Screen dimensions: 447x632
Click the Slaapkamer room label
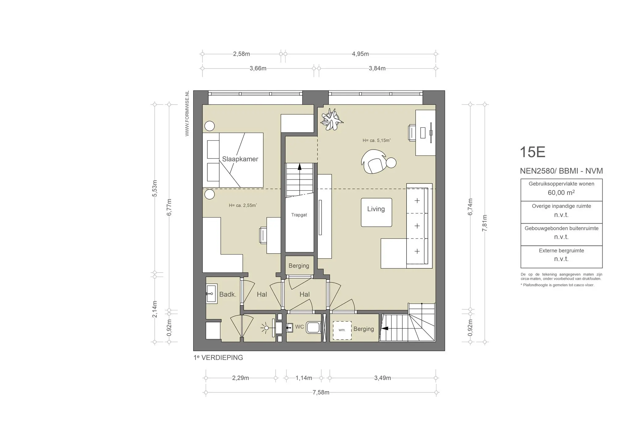point(240,159)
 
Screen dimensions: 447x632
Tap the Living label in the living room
point(376,209)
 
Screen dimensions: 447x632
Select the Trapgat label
point(299,215)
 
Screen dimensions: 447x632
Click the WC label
point(299,327)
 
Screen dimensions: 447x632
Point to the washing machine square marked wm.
point(342,330)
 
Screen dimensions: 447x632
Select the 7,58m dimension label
point(321,392)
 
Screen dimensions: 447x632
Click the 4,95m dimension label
point(360,54)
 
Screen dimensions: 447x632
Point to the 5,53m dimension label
point(155,188)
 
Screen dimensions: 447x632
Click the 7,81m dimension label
point(484,223)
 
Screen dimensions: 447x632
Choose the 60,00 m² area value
point(561,193)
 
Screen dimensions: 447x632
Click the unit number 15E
point(533,152)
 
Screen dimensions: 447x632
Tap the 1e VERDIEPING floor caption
point(218,358)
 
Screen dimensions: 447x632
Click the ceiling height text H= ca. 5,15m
point(376,140)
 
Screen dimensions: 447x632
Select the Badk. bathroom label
point(228,294)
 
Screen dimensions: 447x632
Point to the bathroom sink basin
point(211,293)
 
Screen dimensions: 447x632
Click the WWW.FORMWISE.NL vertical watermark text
point(187,114)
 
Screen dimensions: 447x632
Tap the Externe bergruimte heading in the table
point(561,250)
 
